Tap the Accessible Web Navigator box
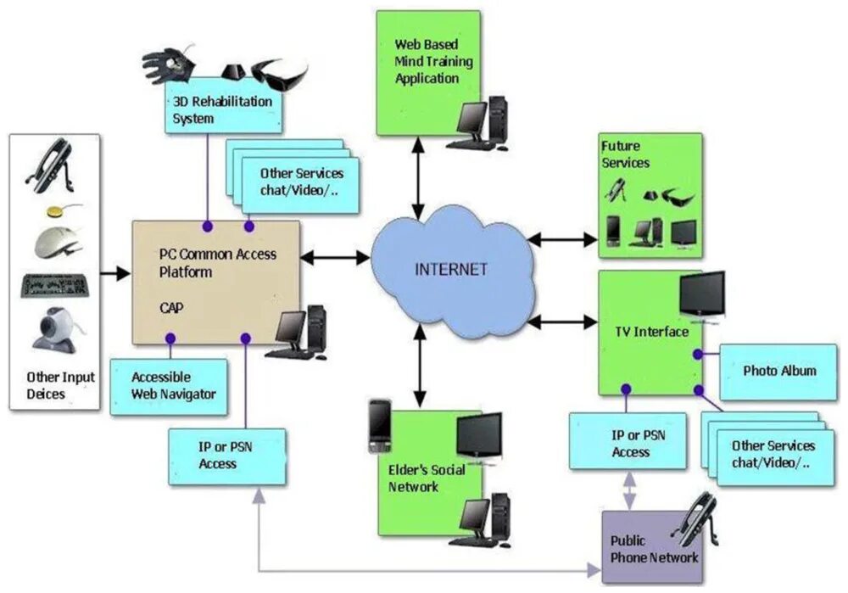point(169,386)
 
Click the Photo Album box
point(778,372)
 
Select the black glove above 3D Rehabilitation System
point(170,64)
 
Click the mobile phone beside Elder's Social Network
point(379,425)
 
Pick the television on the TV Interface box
point(701,296)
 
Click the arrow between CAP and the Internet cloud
point(336,254)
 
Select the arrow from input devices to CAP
point(115,273)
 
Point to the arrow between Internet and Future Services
point(561,240)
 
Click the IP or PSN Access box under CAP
point(226,456)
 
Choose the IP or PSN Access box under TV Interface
point(628,440)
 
